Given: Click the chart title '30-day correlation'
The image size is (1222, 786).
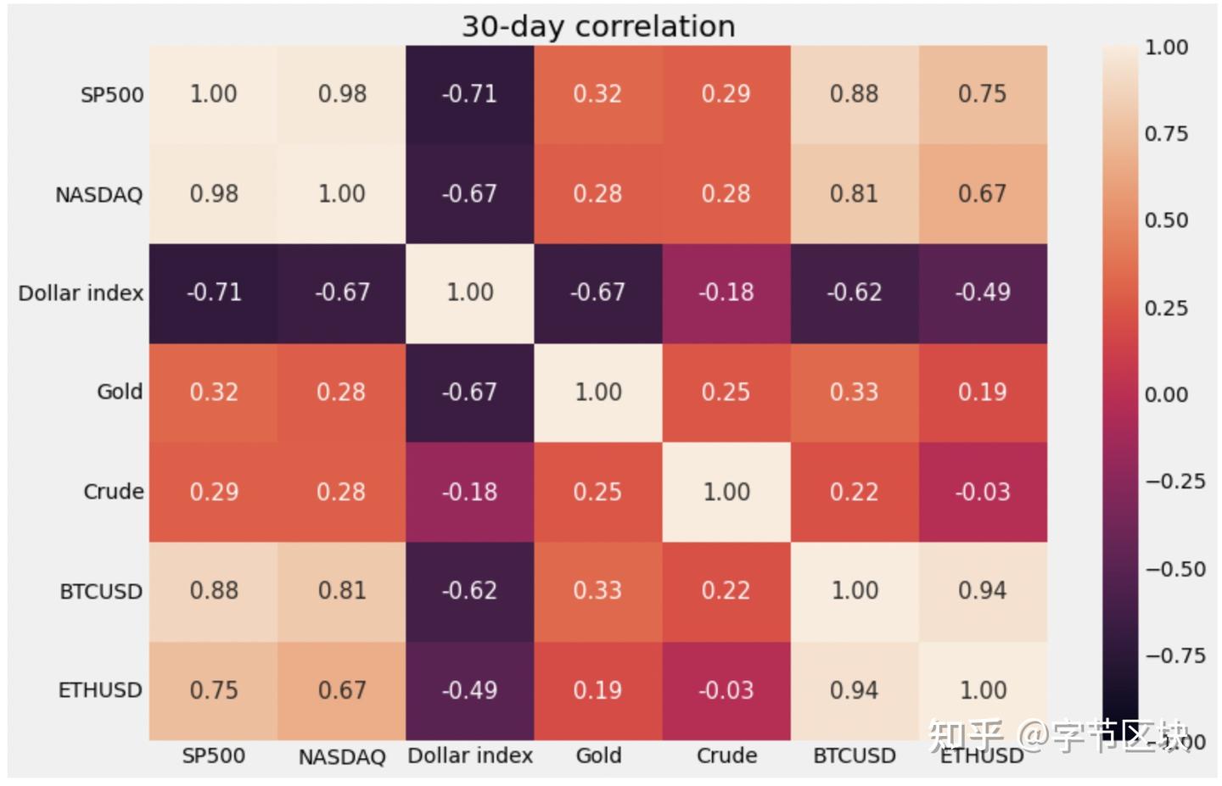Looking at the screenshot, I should [598, 26].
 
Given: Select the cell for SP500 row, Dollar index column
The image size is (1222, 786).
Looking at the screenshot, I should [469, 94].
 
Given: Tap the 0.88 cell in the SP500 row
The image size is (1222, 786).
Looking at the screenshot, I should [854, 94].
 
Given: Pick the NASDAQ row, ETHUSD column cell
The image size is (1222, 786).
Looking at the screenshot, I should [982, 194].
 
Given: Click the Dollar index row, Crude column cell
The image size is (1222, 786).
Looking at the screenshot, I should [726, 293].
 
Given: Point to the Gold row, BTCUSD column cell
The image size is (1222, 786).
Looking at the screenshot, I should [854, 392].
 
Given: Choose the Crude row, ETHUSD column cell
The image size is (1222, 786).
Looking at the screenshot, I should [982, 492].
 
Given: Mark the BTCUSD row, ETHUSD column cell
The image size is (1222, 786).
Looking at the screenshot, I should [982, 591].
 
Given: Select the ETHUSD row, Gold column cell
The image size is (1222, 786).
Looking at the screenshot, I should [597, 690].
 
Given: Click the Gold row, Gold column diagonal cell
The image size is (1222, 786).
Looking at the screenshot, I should [597, 392].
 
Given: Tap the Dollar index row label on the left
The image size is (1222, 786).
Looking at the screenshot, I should [81, 293].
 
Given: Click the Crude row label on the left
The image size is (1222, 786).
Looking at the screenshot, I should [113, 492].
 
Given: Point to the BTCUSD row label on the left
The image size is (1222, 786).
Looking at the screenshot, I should [101, 591].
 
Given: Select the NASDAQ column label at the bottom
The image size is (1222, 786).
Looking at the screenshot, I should [341, 756].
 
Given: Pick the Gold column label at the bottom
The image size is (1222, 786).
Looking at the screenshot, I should [598, 755].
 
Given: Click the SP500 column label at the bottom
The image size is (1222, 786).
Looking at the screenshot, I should [213, 755].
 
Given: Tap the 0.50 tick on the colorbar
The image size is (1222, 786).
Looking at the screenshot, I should [1166, 220].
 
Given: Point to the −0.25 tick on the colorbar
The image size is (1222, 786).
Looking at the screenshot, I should [1174, 482].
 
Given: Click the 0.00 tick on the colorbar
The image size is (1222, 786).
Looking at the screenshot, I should [1166, 394].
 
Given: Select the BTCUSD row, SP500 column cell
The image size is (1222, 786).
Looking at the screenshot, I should [213, 591].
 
